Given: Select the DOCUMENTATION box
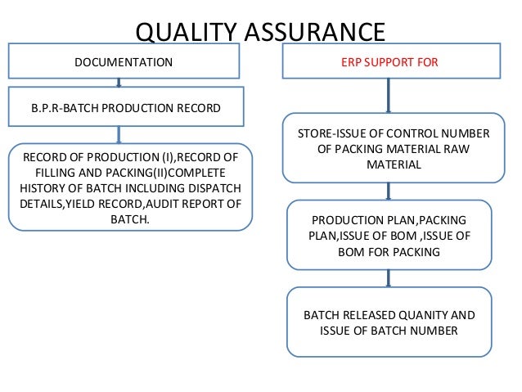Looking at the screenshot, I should pyautogui.click(x=124, y=61).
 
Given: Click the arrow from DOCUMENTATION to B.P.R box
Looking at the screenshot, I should pyautogui.click(x=120, y=81).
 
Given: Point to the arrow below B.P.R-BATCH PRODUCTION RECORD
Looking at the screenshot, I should pyautogui.click(x=120, y=134).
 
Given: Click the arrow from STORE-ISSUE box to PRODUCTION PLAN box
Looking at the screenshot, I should pyautogui.click(x=389, y=191).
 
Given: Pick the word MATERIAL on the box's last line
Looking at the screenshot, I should pyautogui.click(x=389, y=164).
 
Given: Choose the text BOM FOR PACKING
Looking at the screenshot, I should pyautogui.click(x=389, y=252).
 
